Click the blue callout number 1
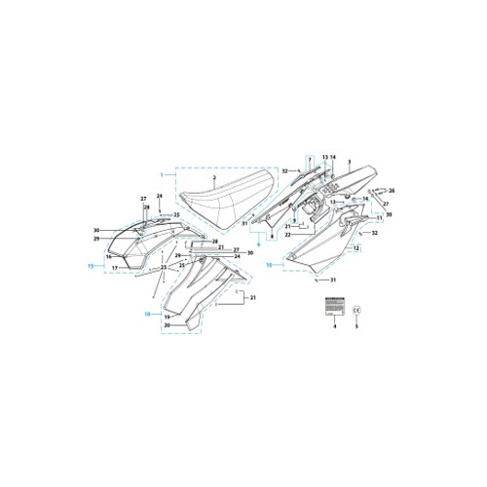tap(163, 173)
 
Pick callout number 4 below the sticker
tap(333, 326)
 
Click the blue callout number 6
tap(258, 251)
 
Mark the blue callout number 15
tap(90, 265)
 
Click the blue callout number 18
tap(147, 314)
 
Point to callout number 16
tap(110, 257)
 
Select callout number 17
tap(114, 268)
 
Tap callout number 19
tap(168, 317)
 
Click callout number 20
tap(168, 325)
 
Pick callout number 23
tap(164, 267)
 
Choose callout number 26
tap(391, 190)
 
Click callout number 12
tap(356, 249)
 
